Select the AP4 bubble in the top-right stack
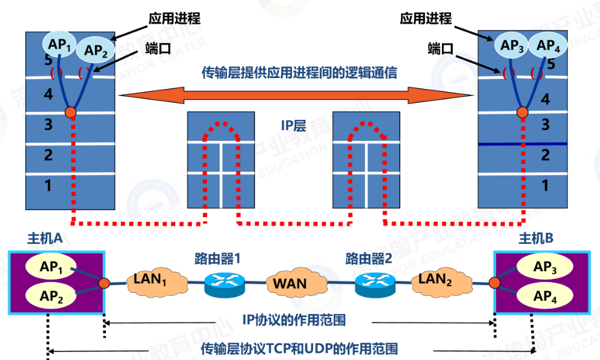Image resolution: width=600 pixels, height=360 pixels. [x=548, y=44]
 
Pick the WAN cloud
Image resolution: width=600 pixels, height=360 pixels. [x=289, y=283]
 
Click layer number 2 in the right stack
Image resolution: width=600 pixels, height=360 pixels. [x=545, y=155]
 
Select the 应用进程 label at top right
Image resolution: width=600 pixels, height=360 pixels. [x=426, y=18]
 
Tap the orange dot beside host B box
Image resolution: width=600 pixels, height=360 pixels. [x=495, y=282]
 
